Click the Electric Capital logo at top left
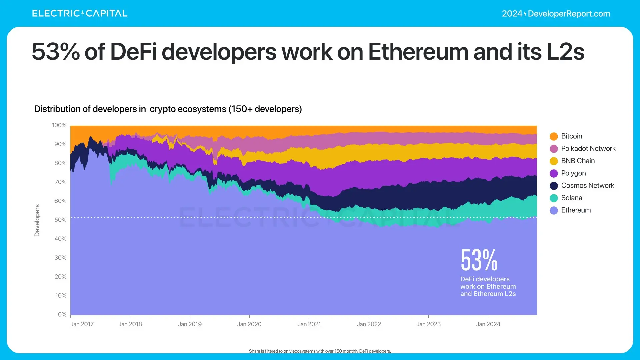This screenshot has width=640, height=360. click(x=80, y=13)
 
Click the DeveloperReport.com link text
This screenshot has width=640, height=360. click(x=569, y=14)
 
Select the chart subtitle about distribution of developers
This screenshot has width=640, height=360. click(x=168, y=109)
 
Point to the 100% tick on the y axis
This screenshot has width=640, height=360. click(x=59, y=125)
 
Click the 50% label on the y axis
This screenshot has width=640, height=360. click(x=60, y=220)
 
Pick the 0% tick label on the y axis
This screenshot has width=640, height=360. click(x=62, y=315)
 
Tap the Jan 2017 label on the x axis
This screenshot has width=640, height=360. click(x=82, y=324)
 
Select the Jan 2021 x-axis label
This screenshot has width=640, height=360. click(x=309, y=324)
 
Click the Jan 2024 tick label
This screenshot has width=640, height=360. click(x=488, y=324)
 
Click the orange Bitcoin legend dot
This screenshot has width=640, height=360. click(x=554, y=136)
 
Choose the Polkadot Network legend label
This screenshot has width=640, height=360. click(x=588, y=149)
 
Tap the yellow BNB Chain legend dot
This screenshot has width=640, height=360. click(x=554, y=161)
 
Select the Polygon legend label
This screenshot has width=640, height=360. click(x=573, y=173)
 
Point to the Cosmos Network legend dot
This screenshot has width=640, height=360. click(x=554, y=186)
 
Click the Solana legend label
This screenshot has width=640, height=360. click(x=571, y=198)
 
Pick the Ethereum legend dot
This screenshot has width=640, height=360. click(x=554, y=210)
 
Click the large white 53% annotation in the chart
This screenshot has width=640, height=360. click(x=479, y=260)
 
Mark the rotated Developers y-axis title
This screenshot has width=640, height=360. click(x=37, y=220)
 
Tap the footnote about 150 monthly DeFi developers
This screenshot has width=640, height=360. click(x=320, y=351)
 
